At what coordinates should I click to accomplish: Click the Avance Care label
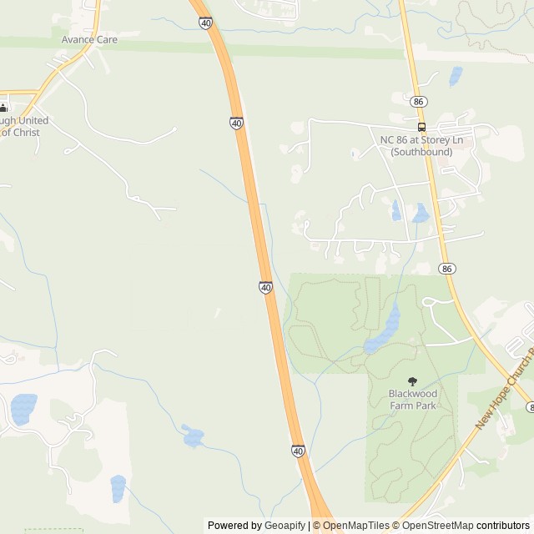pyautogui.click(x=88, y=39)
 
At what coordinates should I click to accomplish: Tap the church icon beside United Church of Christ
pyautogui.click(x=3, y=107)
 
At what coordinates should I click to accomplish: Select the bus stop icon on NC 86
pyautogui.click(x=421, y=128)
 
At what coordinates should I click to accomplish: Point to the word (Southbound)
pyautogui.click(x=421, y=152)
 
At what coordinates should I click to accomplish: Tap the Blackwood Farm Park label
pyautogui.click(x=412, y=400)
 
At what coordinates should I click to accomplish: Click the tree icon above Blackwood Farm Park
pyautogui.click(x=412, y=381)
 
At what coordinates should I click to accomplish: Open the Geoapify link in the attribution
pyautogui.click(x=285, y=526)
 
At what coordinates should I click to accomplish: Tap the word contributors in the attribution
pyautogui.click(x=503, y=526)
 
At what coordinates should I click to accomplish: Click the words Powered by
pyautogui.click(x=234, y=526)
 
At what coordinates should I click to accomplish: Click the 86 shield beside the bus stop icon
pyautogui.click(x=419, y=101)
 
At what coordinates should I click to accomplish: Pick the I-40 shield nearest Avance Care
pyautogui.click(x=205, y=23)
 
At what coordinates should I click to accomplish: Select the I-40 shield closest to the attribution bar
pyautogui.click(x=298, y=451)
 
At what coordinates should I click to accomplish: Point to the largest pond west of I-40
pyautogui.click(x=23, y=409)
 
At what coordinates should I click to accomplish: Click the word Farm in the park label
pyautogui.click(x=401, y=406)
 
